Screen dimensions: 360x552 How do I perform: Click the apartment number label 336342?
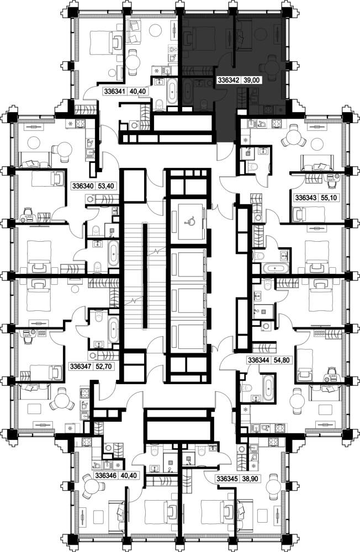pos(229,80)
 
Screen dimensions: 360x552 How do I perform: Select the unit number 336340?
pos(83,185)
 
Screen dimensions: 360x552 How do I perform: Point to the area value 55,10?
pos(329,198)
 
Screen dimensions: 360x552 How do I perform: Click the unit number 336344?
pos(259,360)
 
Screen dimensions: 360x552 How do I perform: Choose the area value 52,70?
pos(104,367)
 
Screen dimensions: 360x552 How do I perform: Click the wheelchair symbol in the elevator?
pos(190,221)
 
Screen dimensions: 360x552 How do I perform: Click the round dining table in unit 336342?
pos(271,66)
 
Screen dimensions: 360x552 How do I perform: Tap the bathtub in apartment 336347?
pos(113,330)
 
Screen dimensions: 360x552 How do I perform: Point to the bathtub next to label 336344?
pos(268,388)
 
